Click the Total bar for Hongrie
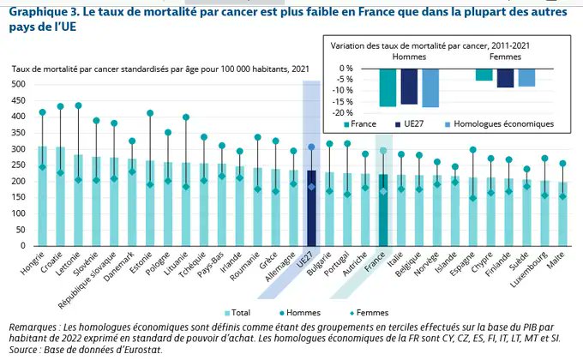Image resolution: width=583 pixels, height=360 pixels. click(x=42, y=197)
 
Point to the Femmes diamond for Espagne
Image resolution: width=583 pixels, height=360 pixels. click(x=472, y=198)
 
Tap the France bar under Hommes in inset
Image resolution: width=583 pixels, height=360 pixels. click(x=388, y=87)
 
